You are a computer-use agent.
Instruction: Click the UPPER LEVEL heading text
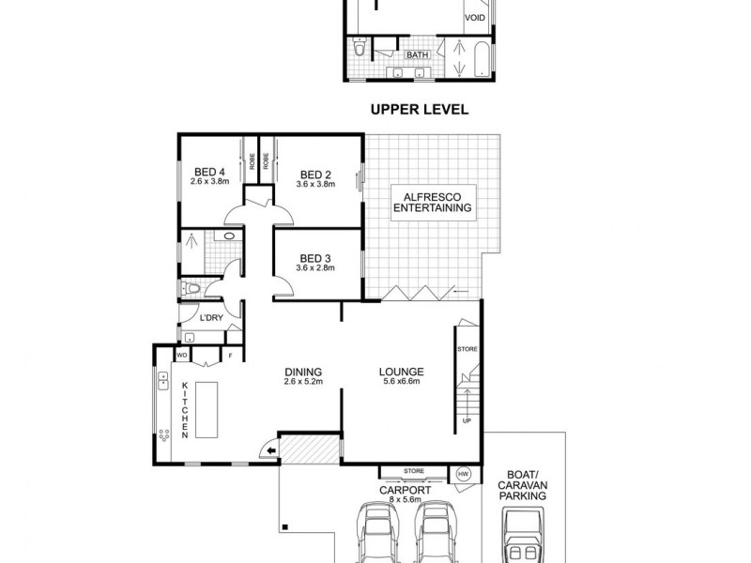(x=419, y=110)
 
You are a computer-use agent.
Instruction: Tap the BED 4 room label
(x=209, y=172)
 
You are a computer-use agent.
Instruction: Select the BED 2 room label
(x=315, y=174)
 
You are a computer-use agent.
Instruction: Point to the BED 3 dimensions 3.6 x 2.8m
(x=315, y=268)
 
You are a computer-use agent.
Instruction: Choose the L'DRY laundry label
(x=210, y=319)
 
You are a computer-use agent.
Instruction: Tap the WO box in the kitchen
(x=182, y=356)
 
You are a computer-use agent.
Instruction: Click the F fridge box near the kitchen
(x=230, y=356)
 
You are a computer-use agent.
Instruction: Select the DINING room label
(x=304, y=372)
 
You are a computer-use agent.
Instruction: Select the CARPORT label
(x=405, y=490)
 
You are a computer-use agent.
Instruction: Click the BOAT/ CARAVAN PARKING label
(x=524, y=486)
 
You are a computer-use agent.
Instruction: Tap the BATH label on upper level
(x=417, y=55)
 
